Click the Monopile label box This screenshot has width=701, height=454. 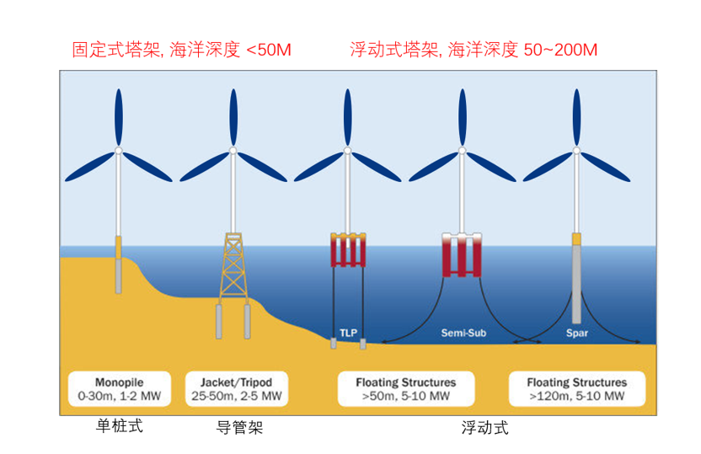coord(119,388)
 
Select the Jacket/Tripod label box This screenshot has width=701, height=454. coord(235,388)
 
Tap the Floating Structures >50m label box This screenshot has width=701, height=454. coord(405,388)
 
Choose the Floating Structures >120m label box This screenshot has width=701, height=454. coord(578,388)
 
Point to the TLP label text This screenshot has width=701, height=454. coord(349,333)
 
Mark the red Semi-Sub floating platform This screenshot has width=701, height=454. coord(462,256)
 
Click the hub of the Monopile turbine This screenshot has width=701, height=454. coord(119,151)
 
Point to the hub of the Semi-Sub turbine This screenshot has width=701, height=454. coord(462,151)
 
